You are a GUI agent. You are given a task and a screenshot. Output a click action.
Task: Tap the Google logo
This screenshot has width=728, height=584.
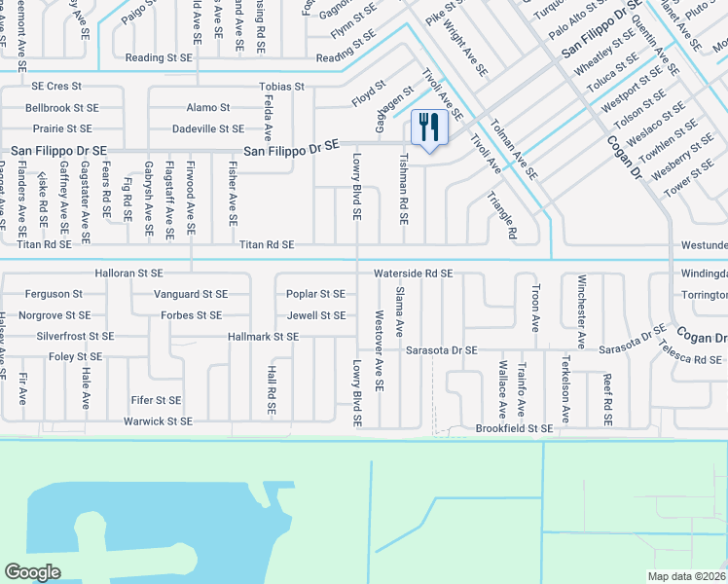tap(32, 572)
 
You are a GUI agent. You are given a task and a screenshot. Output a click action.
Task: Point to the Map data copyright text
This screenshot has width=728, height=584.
tap(687, 576)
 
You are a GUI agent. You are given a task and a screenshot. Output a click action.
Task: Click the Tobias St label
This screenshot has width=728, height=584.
tap(281, 87)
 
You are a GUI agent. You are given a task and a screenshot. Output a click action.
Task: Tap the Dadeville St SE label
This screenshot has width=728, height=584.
tap(207, 128)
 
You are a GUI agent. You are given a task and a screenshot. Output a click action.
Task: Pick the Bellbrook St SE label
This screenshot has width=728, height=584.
tap(62, 108)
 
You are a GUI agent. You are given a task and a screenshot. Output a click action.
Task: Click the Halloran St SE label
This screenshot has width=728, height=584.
tap(128, 274)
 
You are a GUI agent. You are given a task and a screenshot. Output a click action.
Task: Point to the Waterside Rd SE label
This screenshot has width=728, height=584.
tap(414, 274)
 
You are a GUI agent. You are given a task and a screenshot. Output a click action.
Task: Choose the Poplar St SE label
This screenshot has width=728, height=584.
tap(315, 294)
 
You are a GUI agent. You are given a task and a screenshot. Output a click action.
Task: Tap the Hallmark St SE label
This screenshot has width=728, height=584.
tap(263, 337)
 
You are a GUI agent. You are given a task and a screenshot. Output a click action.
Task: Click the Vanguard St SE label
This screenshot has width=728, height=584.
tap(191, 294)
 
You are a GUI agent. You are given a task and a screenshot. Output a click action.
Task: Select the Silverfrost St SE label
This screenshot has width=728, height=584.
tap(75, 337)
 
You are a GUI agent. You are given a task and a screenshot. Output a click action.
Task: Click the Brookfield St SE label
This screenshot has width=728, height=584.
tap(514, 428)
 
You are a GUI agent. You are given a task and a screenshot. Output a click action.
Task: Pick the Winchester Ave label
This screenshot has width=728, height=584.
tap(581, 312)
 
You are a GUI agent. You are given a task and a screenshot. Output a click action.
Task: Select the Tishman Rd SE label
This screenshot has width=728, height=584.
tap(404, 192)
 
